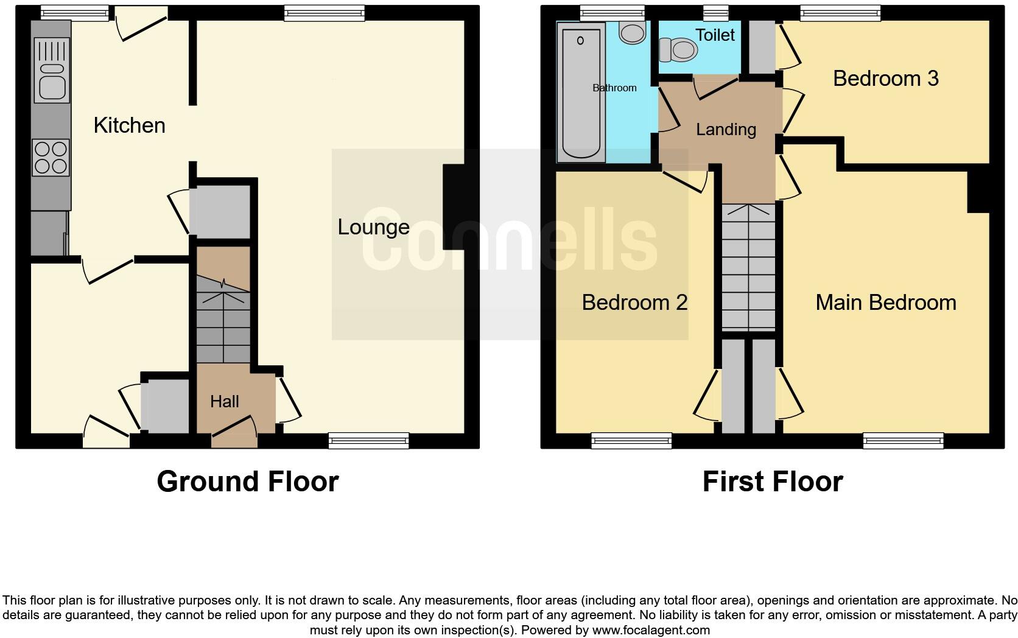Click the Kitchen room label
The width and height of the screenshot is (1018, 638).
(129, 125)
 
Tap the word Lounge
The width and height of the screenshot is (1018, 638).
(373, 227)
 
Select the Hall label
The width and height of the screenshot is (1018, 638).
(224, 401)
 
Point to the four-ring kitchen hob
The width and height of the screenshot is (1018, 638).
(51, 157)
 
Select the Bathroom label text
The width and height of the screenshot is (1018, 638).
(614, 88)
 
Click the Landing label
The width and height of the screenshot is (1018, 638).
(726, 129)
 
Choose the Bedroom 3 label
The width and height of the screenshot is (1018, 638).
(885, 79)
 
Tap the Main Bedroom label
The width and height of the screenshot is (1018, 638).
(885, 303)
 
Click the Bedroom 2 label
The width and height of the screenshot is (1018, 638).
(634, 303)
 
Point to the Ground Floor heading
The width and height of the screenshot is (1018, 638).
(247, 482)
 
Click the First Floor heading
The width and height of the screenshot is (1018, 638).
(772, 482)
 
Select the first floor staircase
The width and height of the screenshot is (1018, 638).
(748, 268)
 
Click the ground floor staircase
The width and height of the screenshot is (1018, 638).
(223, 323)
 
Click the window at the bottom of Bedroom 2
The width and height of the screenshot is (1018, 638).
(631, 440)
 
